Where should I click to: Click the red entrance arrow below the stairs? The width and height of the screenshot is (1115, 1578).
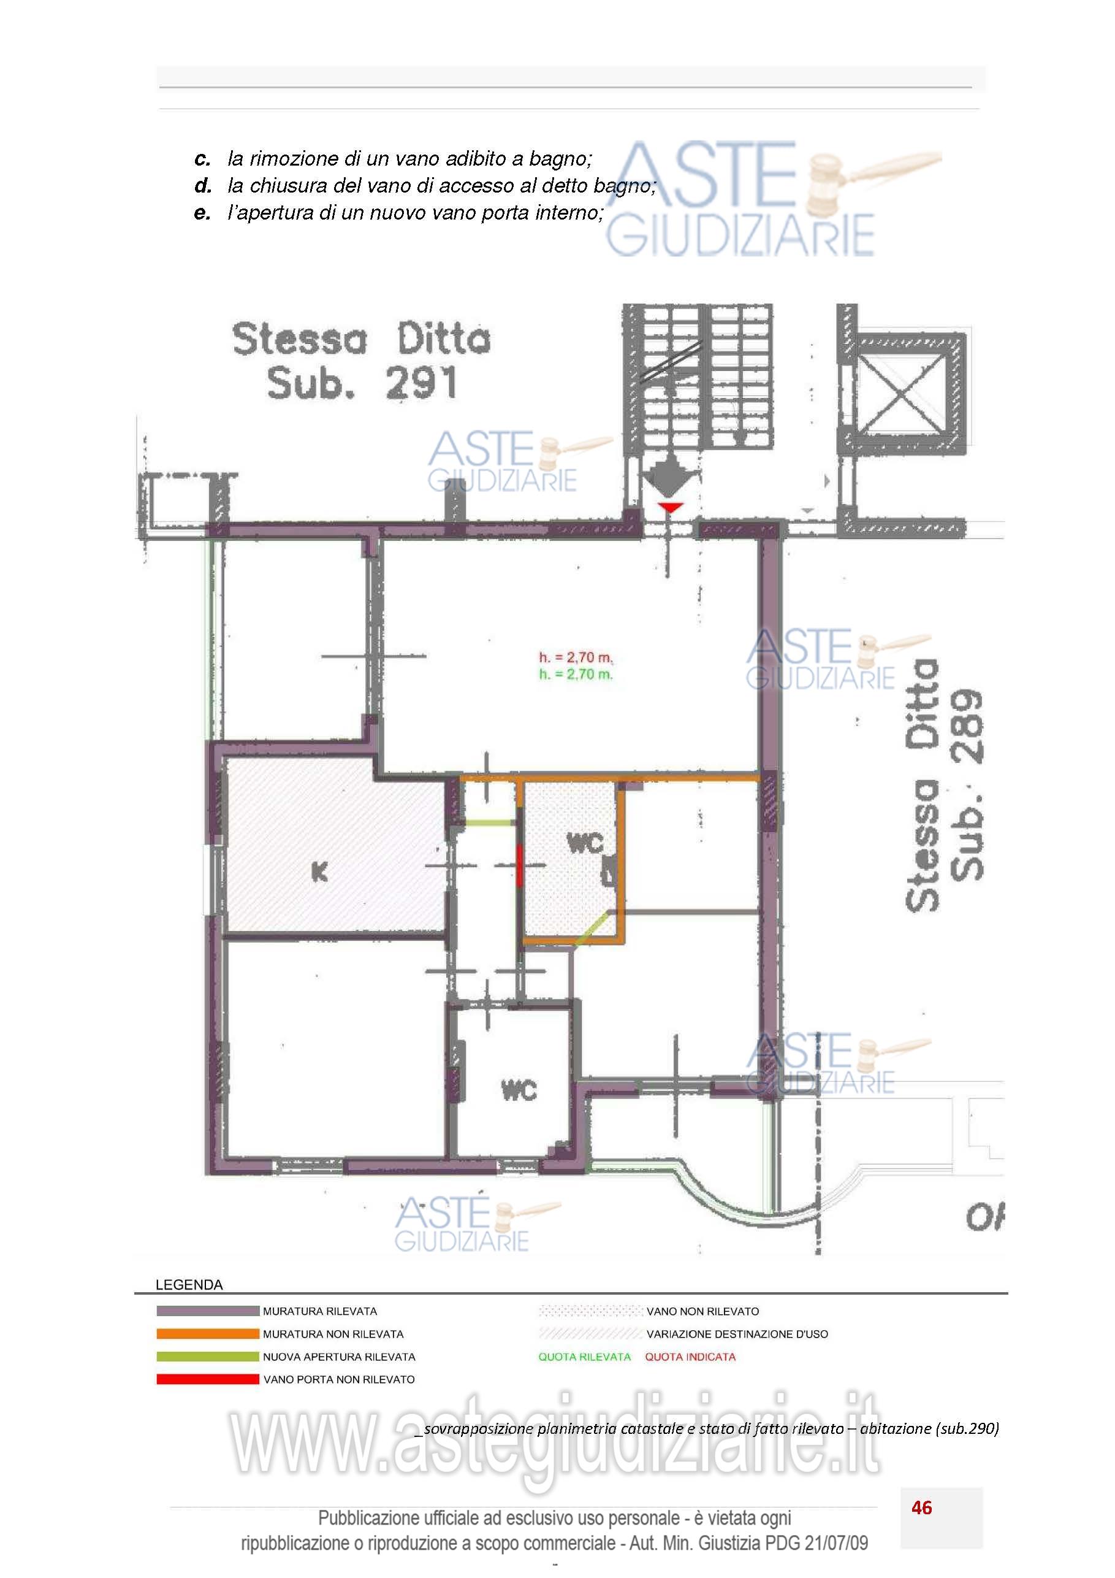[670, 508]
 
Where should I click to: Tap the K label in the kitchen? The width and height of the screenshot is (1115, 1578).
[319, 872]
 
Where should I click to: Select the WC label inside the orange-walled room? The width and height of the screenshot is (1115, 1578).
[585, 843]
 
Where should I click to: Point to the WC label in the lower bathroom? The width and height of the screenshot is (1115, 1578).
[519, 1090]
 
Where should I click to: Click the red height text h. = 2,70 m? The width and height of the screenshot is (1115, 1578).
[575, 657]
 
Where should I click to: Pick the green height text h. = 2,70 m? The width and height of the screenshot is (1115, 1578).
[575, 674]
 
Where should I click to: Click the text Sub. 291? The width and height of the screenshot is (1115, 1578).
[362, 383]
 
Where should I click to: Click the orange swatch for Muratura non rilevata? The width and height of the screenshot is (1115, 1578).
[207, 1334]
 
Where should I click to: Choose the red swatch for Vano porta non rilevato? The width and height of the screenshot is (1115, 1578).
[207, 1379]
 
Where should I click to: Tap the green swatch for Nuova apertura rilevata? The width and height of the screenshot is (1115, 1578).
[207, 1357]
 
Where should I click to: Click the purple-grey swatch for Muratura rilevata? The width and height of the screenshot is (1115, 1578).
[207, 1311]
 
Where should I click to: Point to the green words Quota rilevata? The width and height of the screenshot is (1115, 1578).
[584, 1357]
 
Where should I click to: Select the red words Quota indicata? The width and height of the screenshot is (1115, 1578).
[690, 1357]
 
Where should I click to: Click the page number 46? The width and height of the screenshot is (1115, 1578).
[921, 1508]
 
